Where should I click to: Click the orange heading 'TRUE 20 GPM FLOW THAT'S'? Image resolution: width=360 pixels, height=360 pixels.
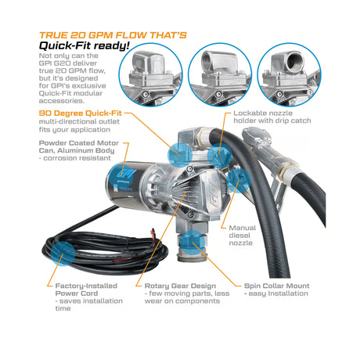point(113,35)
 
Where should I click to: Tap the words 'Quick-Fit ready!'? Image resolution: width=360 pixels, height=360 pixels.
point(85,46)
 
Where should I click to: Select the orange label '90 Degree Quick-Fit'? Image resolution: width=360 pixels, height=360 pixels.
point(81,113)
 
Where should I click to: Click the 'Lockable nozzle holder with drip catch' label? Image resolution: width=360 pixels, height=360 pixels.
point(272,117)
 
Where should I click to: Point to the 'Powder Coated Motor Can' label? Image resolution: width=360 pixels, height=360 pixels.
point(79,146)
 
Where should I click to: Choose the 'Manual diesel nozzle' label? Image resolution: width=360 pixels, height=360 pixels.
point(242,236)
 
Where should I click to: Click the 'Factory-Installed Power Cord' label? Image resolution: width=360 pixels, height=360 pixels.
point(86,290)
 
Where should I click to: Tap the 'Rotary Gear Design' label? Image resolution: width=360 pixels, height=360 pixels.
point(180,286)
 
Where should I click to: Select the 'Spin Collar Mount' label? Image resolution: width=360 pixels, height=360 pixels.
point(277,286)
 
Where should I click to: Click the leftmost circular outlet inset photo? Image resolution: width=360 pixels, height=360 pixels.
point(150,75)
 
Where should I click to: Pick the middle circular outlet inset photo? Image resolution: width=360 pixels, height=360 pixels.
point(220,75)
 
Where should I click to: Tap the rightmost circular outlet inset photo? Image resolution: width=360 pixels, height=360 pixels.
point(289,75)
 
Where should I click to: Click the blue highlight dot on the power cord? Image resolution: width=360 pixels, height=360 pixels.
point(63,254)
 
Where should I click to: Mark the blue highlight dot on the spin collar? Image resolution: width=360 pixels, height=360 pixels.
point(193,243)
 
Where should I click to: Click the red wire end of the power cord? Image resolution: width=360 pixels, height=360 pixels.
point(152,231)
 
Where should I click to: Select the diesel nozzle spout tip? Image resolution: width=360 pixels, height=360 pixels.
point(250,133)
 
